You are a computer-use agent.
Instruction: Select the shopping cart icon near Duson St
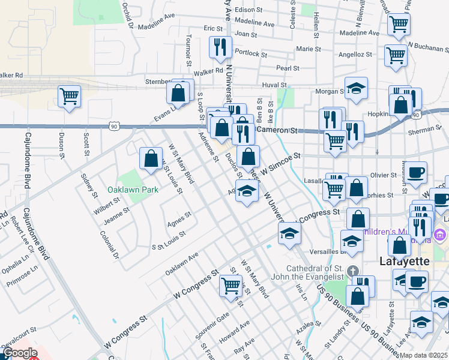pos(70,95)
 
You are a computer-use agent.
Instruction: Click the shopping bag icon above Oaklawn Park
pos(151,158)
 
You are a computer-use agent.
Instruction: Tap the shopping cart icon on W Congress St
pos(231,285)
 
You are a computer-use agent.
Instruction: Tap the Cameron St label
pos(277,130)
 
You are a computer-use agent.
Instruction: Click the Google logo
pos(19,353)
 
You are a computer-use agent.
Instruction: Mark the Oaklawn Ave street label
pos(182,263)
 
